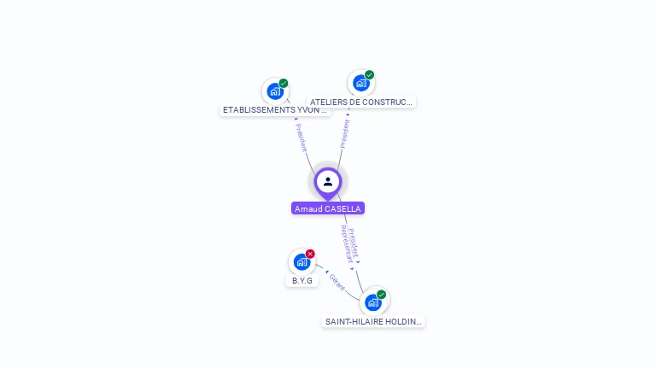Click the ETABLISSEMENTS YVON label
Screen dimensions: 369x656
point(274,110)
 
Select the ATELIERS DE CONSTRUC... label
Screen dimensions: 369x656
point(361,102)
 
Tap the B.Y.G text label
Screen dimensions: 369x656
point(302,280)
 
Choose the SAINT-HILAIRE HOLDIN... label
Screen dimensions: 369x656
point(373,322)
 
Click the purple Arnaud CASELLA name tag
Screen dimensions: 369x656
point(328,208)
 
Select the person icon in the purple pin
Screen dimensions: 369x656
point(328,181)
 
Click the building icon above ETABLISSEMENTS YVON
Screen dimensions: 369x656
point(274,91)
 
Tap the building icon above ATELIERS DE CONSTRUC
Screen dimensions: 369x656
point(360,83)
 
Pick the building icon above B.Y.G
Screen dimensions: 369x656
point(301,261)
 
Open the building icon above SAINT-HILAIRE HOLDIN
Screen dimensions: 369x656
point(372,302)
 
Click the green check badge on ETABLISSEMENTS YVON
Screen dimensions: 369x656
point(284,83)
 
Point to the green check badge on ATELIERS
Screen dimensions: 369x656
point(370,75)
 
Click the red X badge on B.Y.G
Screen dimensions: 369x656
point(310,254)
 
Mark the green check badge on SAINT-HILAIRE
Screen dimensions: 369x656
point(382,295)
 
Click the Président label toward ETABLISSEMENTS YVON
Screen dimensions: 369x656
point(301,138)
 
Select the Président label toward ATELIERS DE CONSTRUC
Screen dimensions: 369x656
point(345,133)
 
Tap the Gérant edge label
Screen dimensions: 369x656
point(337,283)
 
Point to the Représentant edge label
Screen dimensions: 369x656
point(346,244)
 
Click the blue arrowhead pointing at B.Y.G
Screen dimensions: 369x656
point(326,272)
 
